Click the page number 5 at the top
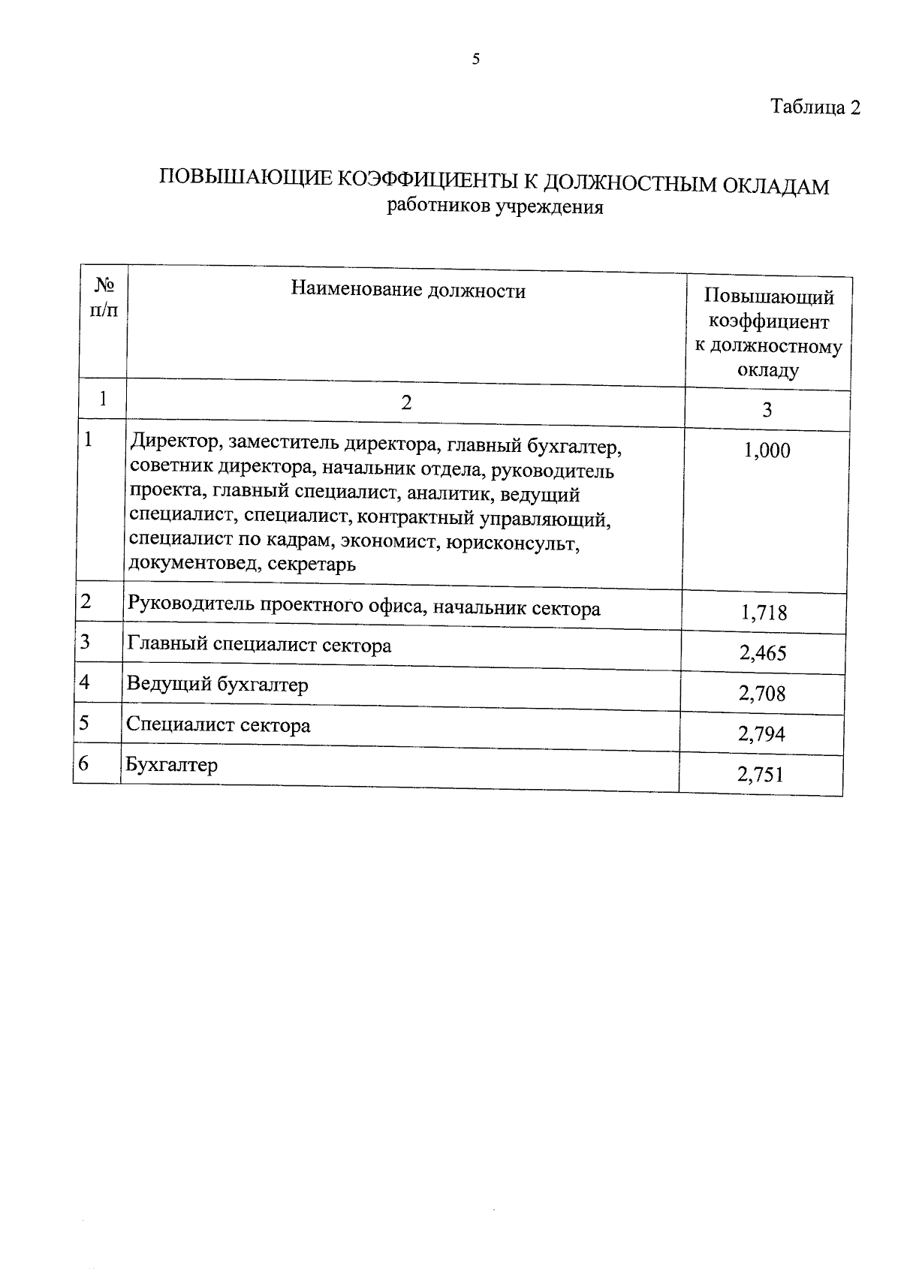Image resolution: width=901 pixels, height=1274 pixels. (x=476, y=59)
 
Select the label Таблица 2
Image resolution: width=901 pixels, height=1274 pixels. (x=815, y=107)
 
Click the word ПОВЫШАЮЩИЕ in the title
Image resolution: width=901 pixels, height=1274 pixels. (x=244, y=177)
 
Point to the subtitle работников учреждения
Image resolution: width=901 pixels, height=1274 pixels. (x=495, y=206)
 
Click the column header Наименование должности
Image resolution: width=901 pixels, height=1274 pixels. (x=408, y=291)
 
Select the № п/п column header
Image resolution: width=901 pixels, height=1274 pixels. (x=104, y=297)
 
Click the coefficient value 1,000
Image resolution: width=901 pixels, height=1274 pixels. (x=767, y=450)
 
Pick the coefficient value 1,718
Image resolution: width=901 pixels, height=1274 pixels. (x=764, y=613)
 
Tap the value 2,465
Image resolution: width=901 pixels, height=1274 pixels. (x=763, y=652)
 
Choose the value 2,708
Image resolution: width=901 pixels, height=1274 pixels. (x=762, y=693)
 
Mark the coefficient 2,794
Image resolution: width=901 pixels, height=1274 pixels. (x=761, y=733)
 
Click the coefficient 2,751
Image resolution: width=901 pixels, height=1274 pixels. (x=761, y=774)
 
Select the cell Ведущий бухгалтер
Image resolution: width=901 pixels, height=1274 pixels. (x=217, y=685)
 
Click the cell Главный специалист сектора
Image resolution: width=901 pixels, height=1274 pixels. (x=259, y=645)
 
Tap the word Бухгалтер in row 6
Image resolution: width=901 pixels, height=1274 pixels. (x=172, y=765)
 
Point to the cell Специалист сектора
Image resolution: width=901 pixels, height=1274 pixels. (x=218, y=725)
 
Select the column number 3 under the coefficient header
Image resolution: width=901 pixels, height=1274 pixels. (x=767, y=410)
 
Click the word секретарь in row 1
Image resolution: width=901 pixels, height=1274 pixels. (x=311, y=564)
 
